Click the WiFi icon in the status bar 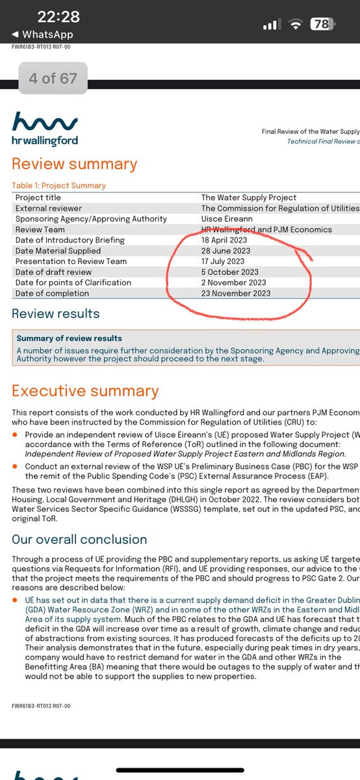tap(296, 24)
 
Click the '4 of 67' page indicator tap(53, 79)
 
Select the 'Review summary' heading tap(75, 164)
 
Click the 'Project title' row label tap(38, 198)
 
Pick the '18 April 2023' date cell tap(224, 240)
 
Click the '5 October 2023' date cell tap(230, 272)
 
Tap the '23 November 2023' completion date tap(236, 293)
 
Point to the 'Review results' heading tap(56, 314)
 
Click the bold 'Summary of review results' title tap(69, 339)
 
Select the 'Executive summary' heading tap(85, 391)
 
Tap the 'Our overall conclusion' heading tap(79, 539)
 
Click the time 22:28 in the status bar tap(58, 17)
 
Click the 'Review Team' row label tap(41, 229)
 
